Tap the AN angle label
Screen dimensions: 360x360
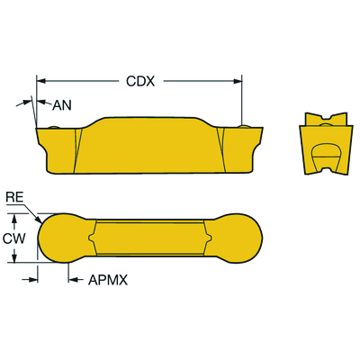tap(62, 105)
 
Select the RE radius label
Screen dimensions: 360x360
tap(15, 197)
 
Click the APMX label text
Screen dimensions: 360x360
tap(108, 280)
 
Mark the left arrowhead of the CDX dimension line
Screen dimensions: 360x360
tap(40, 81)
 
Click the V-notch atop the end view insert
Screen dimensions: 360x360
tap(325, 119)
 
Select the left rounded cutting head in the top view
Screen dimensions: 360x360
tap(61, 238)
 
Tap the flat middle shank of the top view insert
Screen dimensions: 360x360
tap(150, 238)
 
